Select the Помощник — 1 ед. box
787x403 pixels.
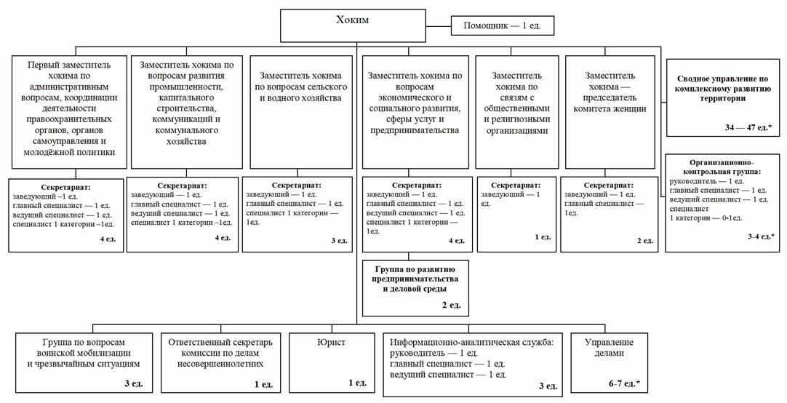pyautogui.click(x=503, y=27)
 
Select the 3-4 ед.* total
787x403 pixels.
pyautogui.click(x=761, y=236)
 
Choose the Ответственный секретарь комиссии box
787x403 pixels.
pyautogui.click(x=220, y=352)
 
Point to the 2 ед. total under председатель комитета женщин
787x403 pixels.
pyautogui.click(x=644, y=240)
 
